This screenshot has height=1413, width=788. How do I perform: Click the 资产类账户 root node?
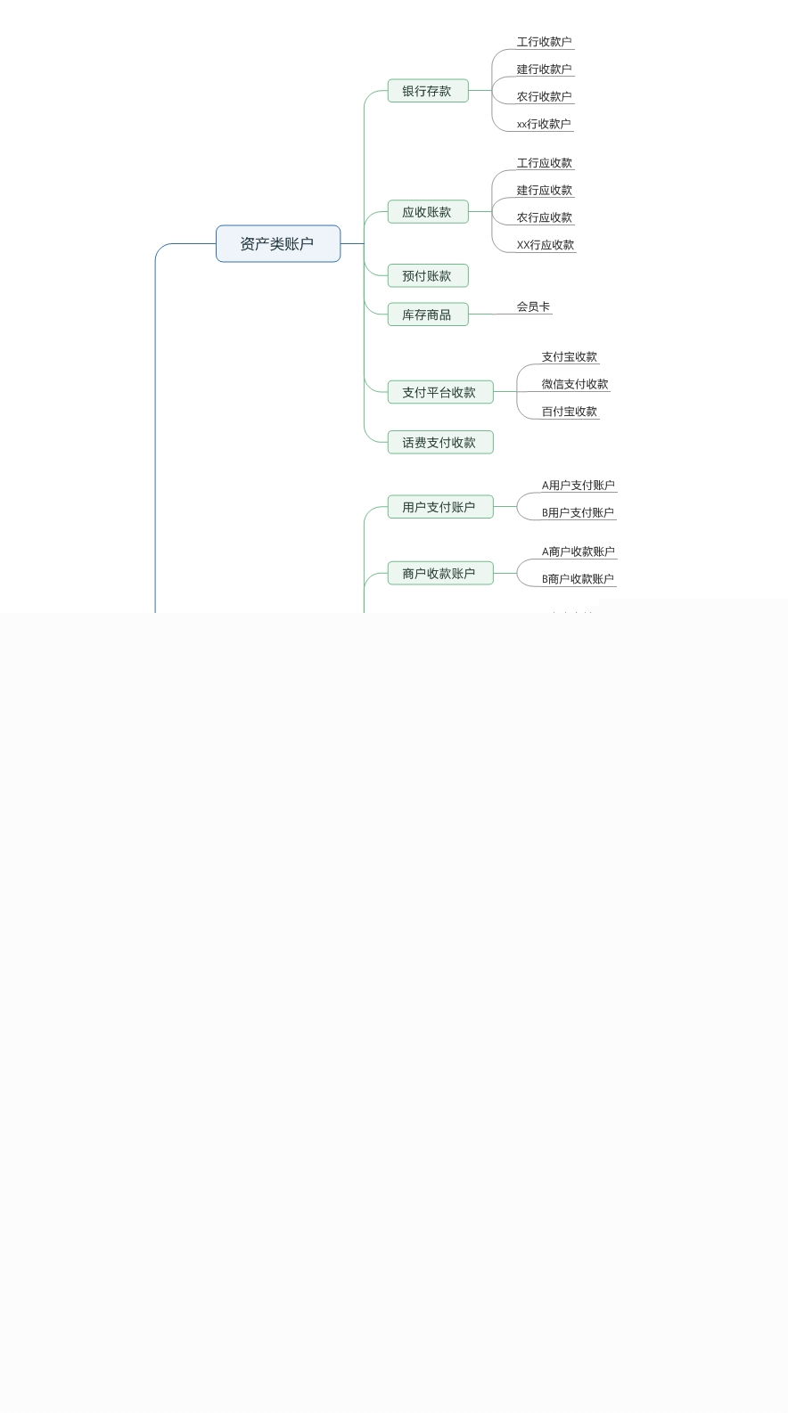point(277,244)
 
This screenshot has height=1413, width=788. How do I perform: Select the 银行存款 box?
point(427,91)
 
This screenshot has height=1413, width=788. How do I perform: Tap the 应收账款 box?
point(427,212)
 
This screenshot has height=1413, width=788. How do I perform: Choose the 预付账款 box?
point(427,276)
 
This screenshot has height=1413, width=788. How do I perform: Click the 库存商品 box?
point(427,314)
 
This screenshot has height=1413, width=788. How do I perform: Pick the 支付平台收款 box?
point(439,392)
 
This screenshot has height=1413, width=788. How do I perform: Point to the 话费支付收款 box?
point(439,443)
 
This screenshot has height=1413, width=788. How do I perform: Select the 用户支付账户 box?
point(439,507)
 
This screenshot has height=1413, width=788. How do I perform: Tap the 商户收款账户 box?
point(439,574)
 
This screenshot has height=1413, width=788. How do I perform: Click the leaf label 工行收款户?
point(544,42)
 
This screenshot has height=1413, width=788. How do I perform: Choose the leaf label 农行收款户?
point(544,96)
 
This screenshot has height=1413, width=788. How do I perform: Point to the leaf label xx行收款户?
point(544,124)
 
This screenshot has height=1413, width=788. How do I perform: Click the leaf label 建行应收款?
point(545,190)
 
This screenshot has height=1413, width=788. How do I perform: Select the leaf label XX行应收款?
point(546,245)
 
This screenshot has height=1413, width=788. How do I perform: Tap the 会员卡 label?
point(533,306)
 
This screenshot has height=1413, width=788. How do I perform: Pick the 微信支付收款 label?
point(575,384)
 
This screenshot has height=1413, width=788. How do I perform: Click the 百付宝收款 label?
point(570,412)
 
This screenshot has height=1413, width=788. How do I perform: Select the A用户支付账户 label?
point(579,486)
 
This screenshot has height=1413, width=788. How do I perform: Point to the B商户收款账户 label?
point(579,579)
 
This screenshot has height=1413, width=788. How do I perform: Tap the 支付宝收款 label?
point(570,356)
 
